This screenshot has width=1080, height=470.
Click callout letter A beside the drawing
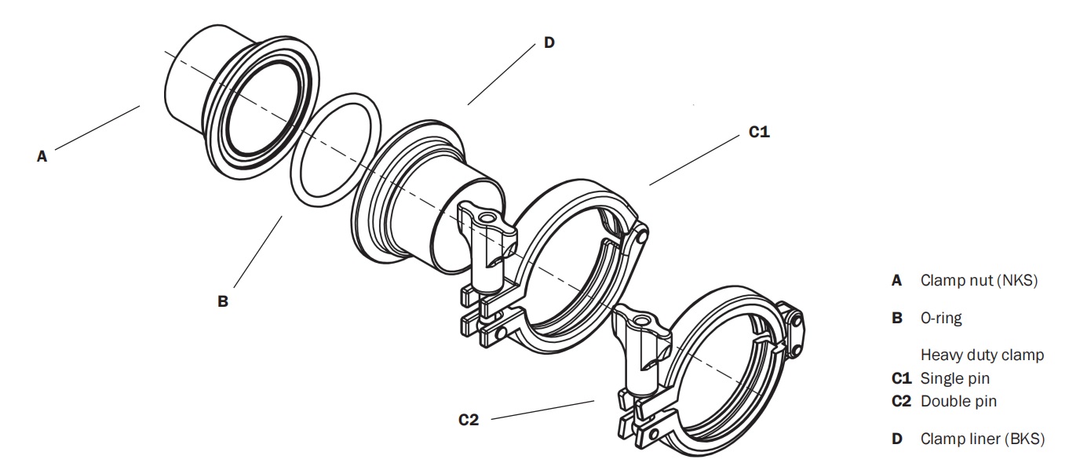[x=42, y=156]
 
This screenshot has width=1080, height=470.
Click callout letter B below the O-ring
[x=223, y=301]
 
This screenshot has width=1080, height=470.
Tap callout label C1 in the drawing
[x=758, y=133]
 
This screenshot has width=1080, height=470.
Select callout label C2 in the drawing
[x=469, y=420]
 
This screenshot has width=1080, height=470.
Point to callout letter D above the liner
[x=549, y=43]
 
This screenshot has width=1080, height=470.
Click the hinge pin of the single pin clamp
[x=642, y=233]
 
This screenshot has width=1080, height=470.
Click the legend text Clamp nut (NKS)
[x=979, y=280]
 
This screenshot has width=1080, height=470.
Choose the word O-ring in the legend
[x=940, y=319]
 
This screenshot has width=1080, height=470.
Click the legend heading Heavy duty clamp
[x=982, y=355]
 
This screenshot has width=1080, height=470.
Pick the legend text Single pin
[x=954, y=378]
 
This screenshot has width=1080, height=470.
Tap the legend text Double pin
[x=958, y=402]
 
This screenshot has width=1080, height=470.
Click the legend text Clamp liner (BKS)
[x=982, y=439]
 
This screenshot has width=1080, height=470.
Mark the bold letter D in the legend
[x=897, y=439]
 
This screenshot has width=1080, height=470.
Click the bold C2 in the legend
[x=900, y=402]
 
